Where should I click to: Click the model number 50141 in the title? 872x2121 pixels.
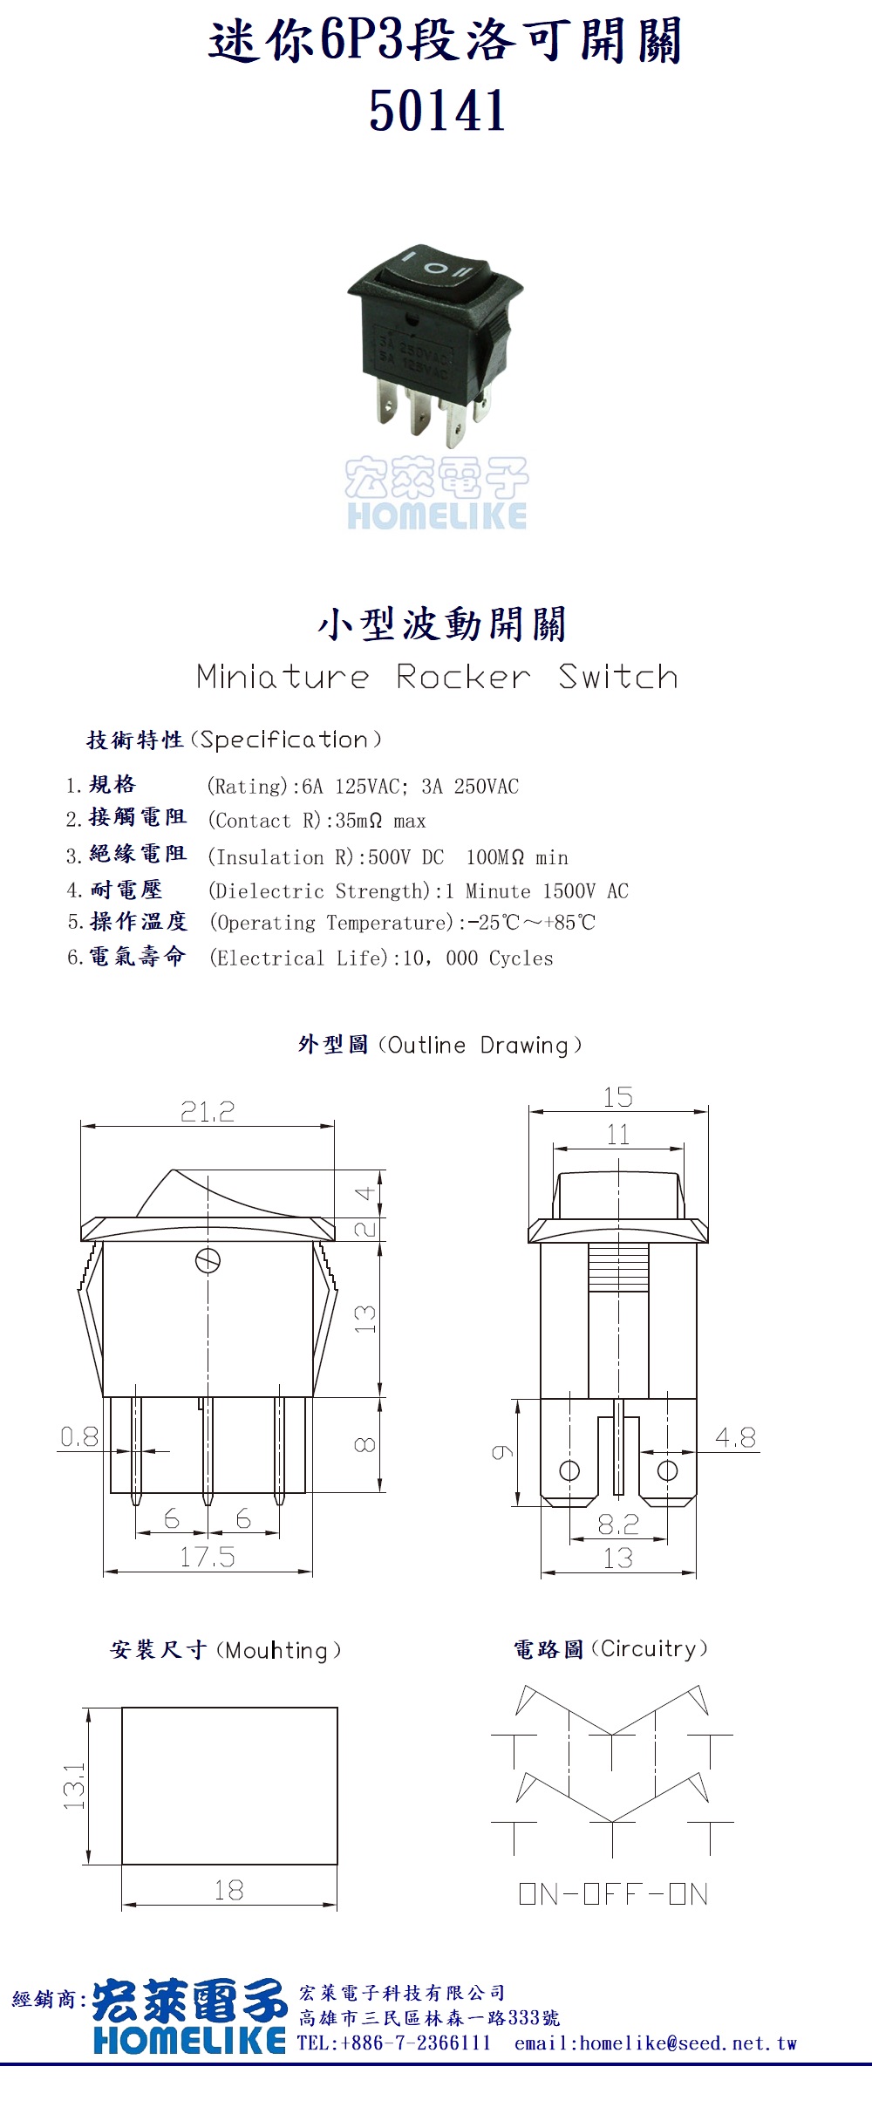(x=437, y=111)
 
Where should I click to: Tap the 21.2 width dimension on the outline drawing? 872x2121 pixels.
(x=208, y=1111)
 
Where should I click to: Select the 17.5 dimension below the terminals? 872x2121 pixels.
(x=208, y=1557)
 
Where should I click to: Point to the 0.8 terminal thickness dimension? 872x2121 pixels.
(x=79, y=1436)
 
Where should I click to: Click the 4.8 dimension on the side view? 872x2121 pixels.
(x=735, y=1437)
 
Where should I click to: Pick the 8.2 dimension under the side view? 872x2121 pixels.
(x=618, y=1524)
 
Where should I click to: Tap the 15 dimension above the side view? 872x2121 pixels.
(x=618, y=1097)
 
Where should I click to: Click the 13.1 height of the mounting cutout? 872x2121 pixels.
(x=74, y=1785)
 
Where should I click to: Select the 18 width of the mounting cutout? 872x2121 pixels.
(x=228, y=1891)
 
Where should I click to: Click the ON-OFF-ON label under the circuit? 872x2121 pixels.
(x=613, y=1894)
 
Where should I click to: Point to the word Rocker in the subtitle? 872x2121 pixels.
(x=463, y=677)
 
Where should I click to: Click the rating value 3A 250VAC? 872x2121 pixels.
(x=470, y=787)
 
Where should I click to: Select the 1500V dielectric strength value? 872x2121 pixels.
(x=569, y=891)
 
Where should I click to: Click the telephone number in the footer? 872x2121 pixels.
(x=394, y=2043)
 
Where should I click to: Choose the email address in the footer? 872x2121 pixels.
(x=656, y=2043)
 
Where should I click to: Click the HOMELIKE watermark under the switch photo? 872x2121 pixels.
(x=437, y=515)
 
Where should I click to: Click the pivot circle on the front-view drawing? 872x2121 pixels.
(x=208, y=1261)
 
